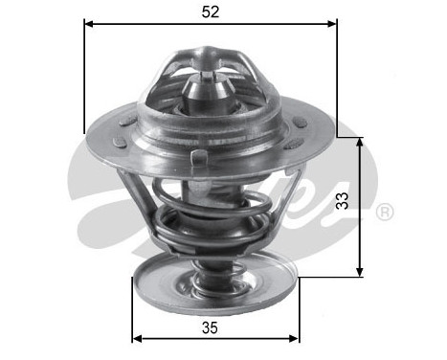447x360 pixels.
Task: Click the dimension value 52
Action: click(x=210, y=13)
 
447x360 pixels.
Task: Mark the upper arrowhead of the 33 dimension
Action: click(x=361, y=141)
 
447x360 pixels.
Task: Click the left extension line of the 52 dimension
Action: click(x=84, y=77)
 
